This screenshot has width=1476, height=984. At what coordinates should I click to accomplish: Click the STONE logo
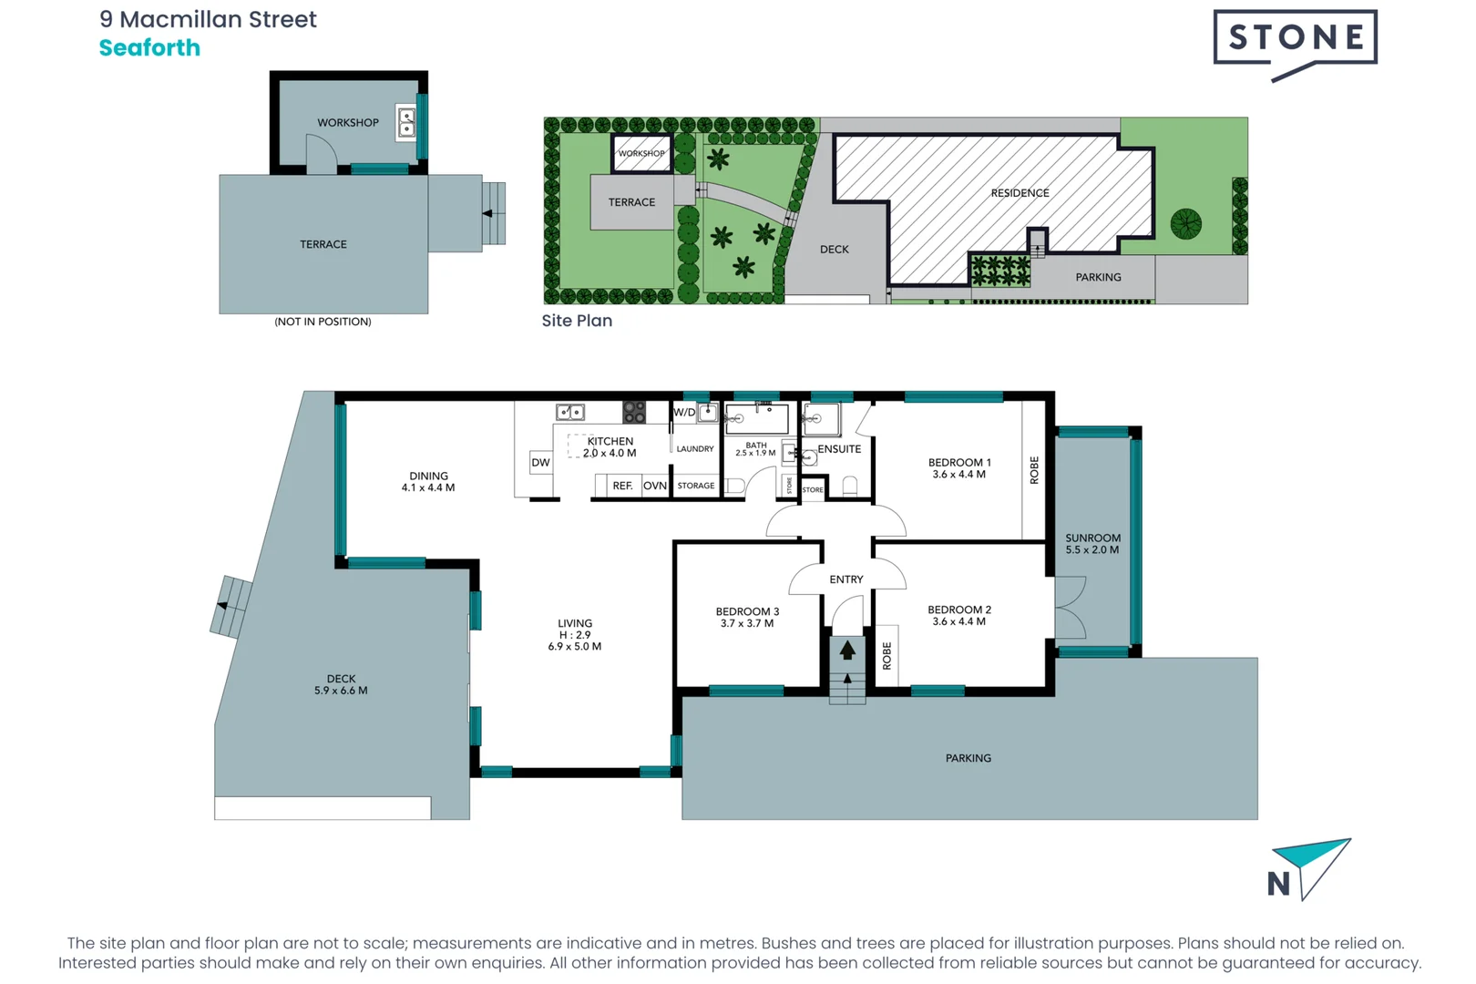pyautogui.click(x=1295, y=38)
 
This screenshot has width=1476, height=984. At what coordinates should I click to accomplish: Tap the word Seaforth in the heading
pyautogui.click(x=149, y=48)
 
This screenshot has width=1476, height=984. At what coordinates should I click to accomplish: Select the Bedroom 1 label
pyautogui.click(x=958, y=463)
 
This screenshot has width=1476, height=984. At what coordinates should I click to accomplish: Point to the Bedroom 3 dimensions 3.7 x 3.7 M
pyautogui.click(x=746, y=624)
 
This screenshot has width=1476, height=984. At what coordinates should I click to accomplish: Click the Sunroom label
pyautogui.click(x=1092, y=538)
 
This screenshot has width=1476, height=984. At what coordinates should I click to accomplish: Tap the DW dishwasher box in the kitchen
pyautogui.click(x=540, y=462)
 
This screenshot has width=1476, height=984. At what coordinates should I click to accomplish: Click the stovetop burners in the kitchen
pyautogui.click(x=634, y=412)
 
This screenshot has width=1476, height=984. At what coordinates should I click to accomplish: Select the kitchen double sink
pyautogui.click(x=570, y=413)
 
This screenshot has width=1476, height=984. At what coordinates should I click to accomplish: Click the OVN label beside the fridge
pyautogui.click(x=654, y=486)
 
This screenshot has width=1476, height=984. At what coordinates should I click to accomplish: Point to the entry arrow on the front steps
pyautogui.click(x=847, y=651)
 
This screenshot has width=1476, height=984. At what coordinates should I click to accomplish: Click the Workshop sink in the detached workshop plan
pyautogui.click(x=406, y=122)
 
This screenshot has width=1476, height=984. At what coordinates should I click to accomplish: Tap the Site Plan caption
pyautogui.click(x=577, y=321)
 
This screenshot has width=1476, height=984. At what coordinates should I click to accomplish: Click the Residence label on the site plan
pyautogui.click(x=1020, y=193)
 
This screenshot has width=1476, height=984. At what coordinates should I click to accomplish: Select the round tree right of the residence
pyautogui.click(x=1185, y=223)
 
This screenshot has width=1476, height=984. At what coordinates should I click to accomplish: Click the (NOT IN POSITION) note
pyautogui.click(x=323, y=322)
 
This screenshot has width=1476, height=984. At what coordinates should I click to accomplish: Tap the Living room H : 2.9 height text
pyautogui.click(x=575, y=635)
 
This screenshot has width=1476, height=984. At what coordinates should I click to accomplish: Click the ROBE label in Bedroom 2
pyautogui.click(x=887, y=655)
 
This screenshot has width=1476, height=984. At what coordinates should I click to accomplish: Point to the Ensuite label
pyautogui.click(x=839, y=449)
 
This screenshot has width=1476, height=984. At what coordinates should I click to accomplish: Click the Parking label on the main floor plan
pyautogui.click(x=968, y=758)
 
